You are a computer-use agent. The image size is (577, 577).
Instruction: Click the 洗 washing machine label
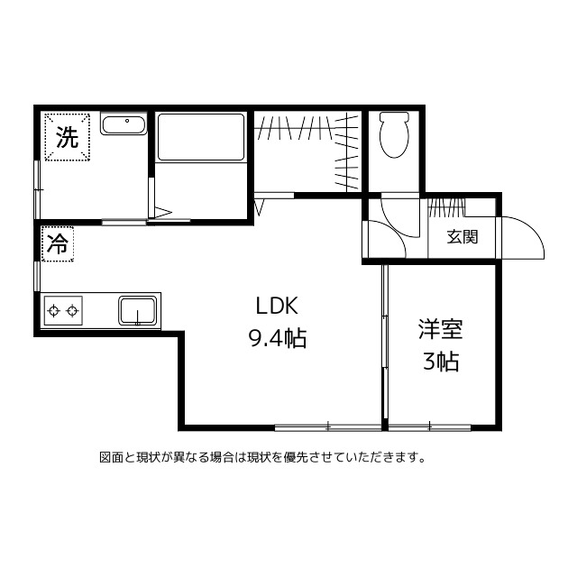tap(68, 137)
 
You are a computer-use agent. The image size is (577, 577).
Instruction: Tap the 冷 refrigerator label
tap(57, 243)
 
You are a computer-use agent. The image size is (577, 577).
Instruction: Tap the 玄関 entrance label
tap(463, 238)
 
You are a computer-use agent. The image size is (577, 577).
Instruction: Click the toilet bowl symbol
tap(394, 136)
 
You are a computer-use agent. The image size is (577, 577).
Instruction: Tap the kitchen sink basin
tap(138, 311)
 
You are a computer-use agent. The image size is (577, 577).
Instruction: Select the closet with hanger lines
tap(307, 149)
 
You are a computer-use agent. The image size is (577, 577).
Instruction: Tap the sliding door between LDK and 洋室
tap(384, 343)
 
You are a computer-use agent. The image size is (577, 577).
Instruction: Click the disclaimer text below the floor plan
tap(261, 457)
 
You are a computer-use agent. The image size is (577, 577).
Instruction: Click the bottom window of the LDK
tap(328, 425)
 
